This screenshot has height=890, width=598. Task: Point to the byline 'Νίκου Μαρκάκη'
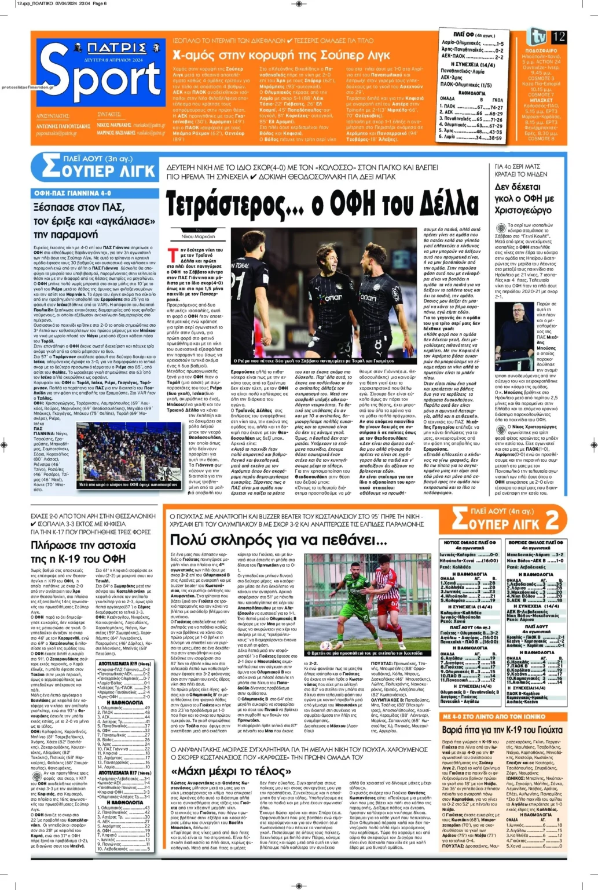pos(198,236)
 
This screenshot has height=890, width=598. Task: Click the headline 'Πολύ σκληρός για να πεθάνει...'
pos(278,540)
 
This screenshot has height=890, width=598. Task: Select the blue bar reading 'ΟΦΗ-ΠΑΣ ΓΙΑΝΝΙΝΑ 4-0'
pos(72,193)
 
